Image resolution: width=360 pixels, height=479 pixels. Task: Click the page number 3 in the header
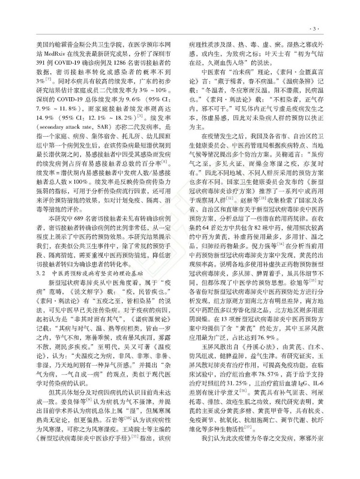(x=328, y=28)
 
